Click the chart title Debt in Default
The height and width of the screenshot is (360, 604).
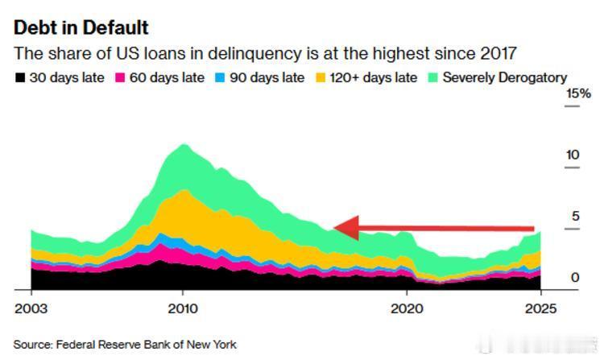click(81, 27)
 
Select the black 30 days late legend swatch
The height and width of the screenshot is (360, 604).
click(19, 78)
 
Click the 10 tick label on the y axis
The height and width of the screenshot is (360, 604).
click(573, 155)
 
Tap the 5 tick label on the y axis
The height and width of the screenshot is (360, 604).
click(575, 216)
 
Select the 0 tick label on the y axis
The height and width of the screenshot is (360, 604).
click(575, 277)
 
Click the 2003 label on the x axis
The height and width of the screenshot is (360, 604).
click(31, 308)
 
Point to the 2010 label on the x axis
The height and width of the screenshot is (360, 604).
click(183, 308)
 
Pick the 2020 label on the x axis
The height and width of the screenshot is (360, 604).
click(406, 308)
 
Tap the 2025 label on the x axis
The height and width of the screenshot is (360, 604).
click(540, 308)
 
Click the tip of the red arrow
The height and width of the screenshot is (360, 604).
click(335, 229)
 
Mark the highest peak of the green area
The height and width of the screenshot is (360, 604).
click(184, 145)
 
